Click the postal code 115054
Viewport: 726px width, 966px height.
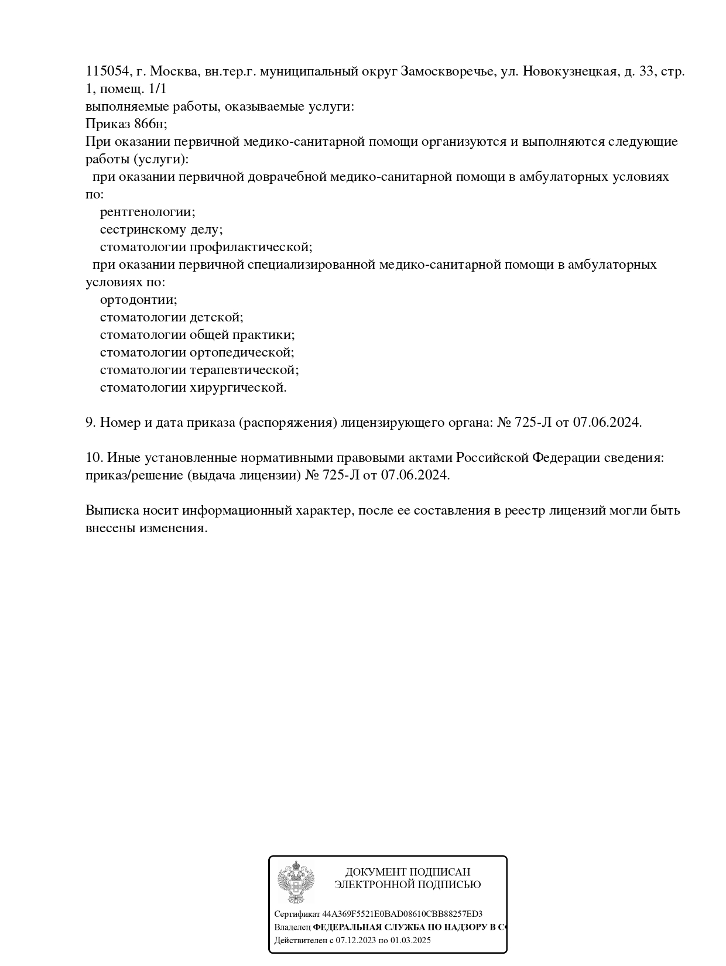pos(107,71)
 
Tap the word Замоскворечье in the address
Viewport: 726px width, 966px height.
pos(447,71)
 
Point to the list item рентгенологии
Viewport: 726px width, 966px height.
pos(148,212)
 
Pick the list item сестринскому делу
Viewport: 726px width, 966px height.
pos(161,229)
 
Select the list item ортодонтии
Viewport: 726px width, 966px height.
pos(138,300)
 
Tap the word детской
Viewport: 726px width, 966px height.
pos(216,317)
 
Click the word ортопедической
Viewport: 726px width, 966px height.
pos(242,352)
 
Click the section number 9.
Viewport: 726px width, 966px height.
pos(90,423)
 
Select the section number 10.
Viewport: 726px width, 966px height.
pos(94,458)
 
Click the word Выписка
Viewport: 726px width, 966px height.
pos(112,511)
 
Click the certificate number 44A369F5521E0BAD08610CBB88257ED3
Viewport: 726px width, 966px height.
pos(402,914)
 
